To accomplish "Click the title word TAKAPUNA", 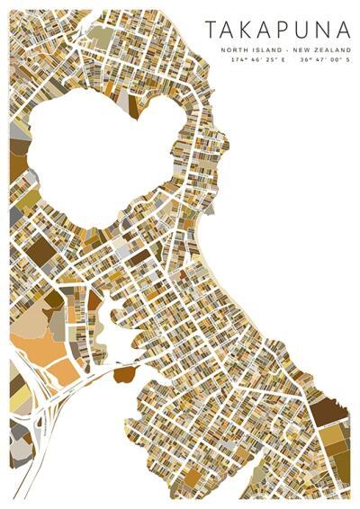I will [x=276, y=31].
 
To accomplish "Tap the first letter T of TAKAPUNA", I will [x=211, y=31].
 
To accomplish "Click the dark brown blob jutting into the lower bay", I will [x=124, y=372].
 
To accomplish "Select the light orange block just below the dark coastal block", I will [x=332, y=436].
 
